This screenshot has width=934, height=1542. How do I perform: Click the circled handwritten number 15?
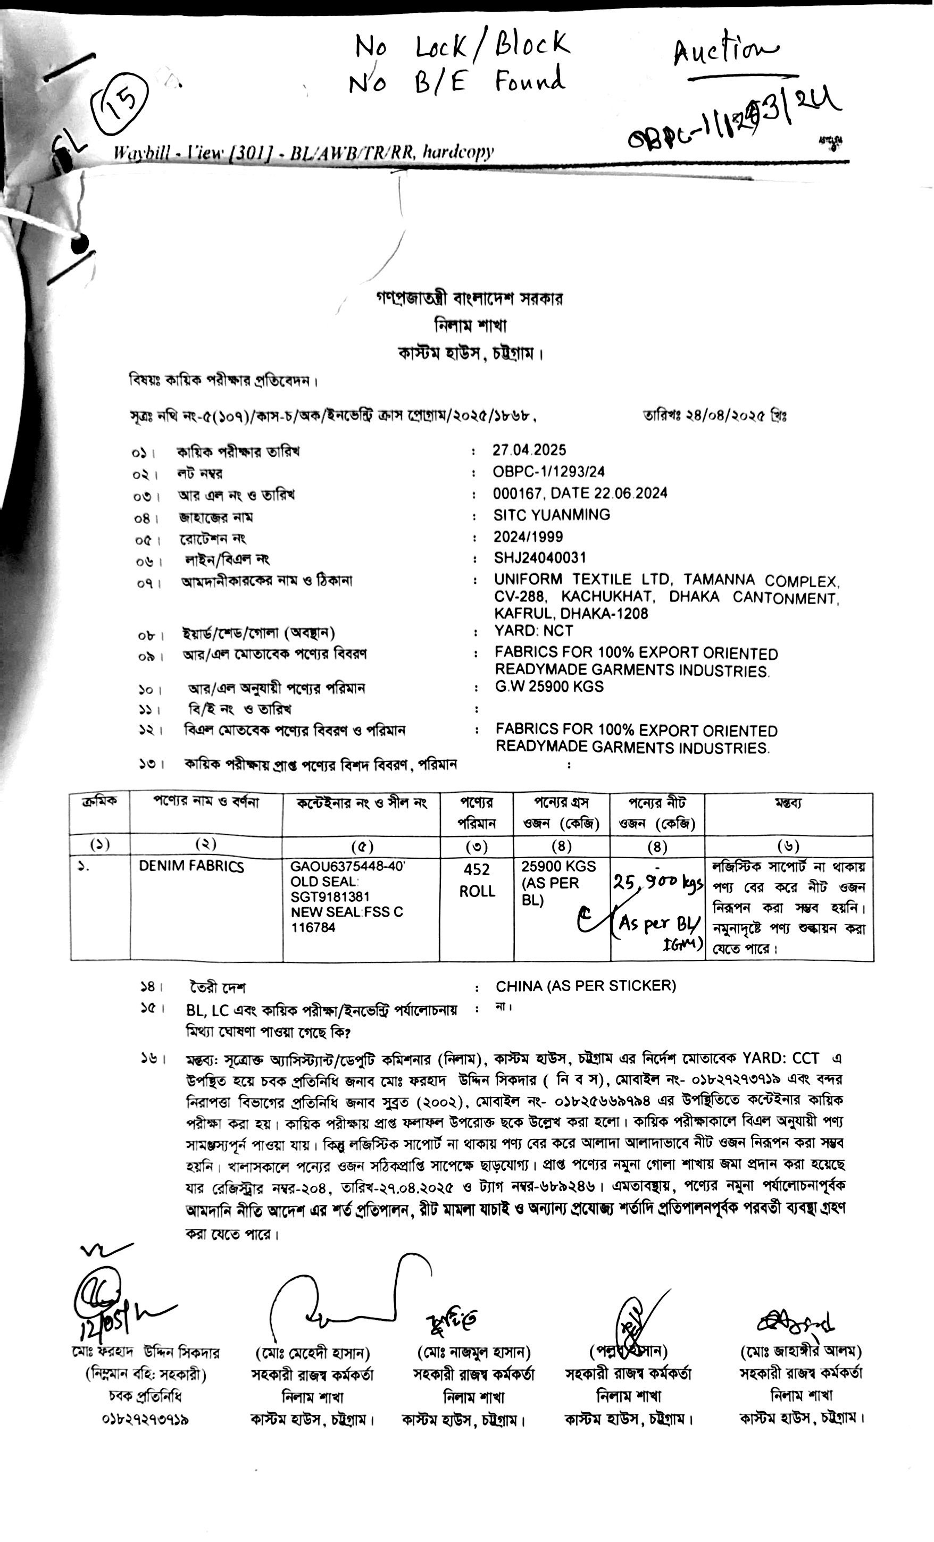[x=122, y=103]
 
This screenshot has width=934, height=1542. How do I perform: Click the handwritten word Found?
[x=530, y=81]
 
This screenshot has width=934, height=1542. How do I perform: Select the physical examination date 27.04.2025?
[x=529, y=450]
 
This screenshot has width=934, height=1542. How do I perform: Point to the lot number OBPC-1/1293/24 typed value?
[x=548, y=472]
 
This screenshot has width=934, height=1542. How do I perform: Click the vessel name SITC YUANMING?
[x=552, y=515]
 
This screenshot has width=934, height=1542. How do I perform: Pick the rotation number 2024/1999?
[x=528, y=537]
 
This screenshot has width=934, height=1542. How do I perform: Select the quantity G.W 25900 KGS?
[x=549, y=686]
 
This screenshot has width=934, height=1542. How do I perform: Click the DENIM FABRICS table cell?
[x=191, y=867]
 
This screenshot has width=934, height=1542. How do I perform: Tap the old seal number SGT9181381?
[x=330, y=897]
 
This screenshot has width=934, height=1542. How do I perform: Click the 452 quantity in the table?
[x=477, y=870]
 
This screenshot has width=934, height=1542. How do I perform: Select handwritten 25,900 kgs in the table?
[x=657, y=884]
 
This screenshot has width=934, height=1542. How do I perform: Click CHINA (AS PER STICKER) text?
[x=585, y=986]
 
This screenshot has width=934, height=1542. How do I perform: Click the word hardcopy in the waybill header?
[x=457, y=152]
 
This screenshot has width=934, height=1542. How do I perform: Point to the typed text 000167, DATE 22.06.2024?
[x=580, y=493]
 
